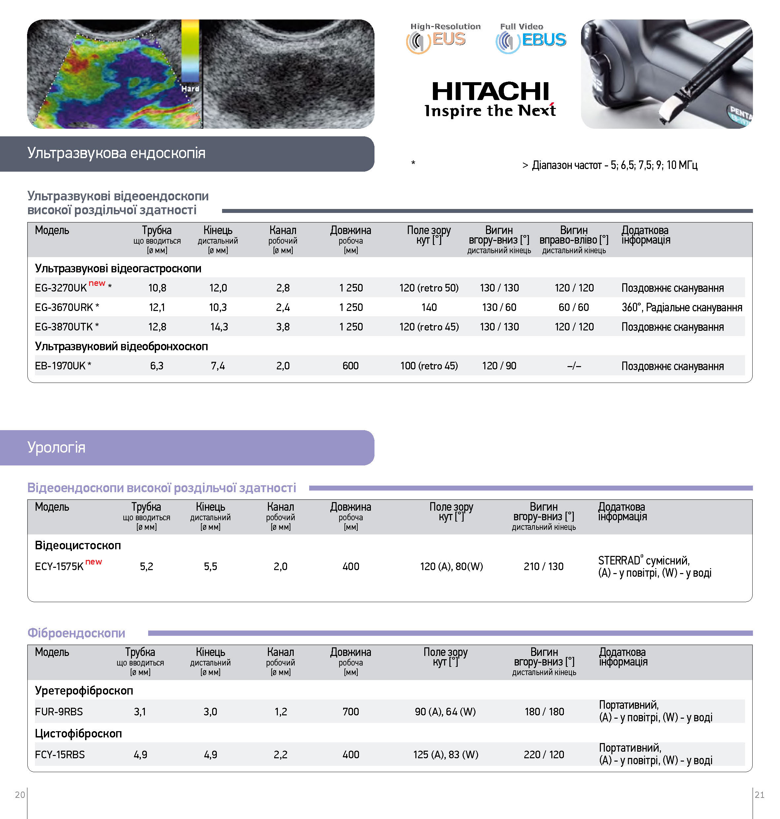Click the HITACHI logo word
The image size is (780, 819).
click(x=490, y=91)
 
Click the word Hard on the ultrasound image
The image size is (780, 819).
click(x=190, y=88)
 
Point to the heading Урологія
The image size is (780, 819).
click(x=56, y=447)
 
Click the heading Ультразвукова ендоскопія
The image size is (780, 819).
click(x=116, y=153)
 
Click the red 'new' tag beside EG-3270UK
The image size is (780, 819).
click(x=97, y=283)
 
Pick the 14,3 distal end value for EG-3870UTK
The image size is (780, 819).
click(x=219, y=327)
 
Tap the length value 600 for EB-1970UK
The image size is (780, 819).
click(x=350, y=366)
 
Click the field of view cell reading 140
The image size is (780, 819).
click(x=429, y=307)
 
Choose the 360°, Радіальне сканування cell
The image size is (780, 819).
click(x=681, y=307)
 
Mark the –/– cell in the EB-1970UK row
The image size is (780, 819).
click(x=574, y=366)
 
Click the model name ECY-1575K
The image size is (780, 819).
click(x=59, y=566)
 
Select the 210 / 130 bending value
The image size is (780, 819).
click(x=543, y=566)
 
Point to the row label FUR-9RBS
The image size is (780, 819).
click(x=59, y=712)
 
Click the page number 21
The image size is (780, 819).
click(x=759, y=795)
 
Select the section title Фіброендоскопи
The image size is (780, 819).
click(x=76, y=633)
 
